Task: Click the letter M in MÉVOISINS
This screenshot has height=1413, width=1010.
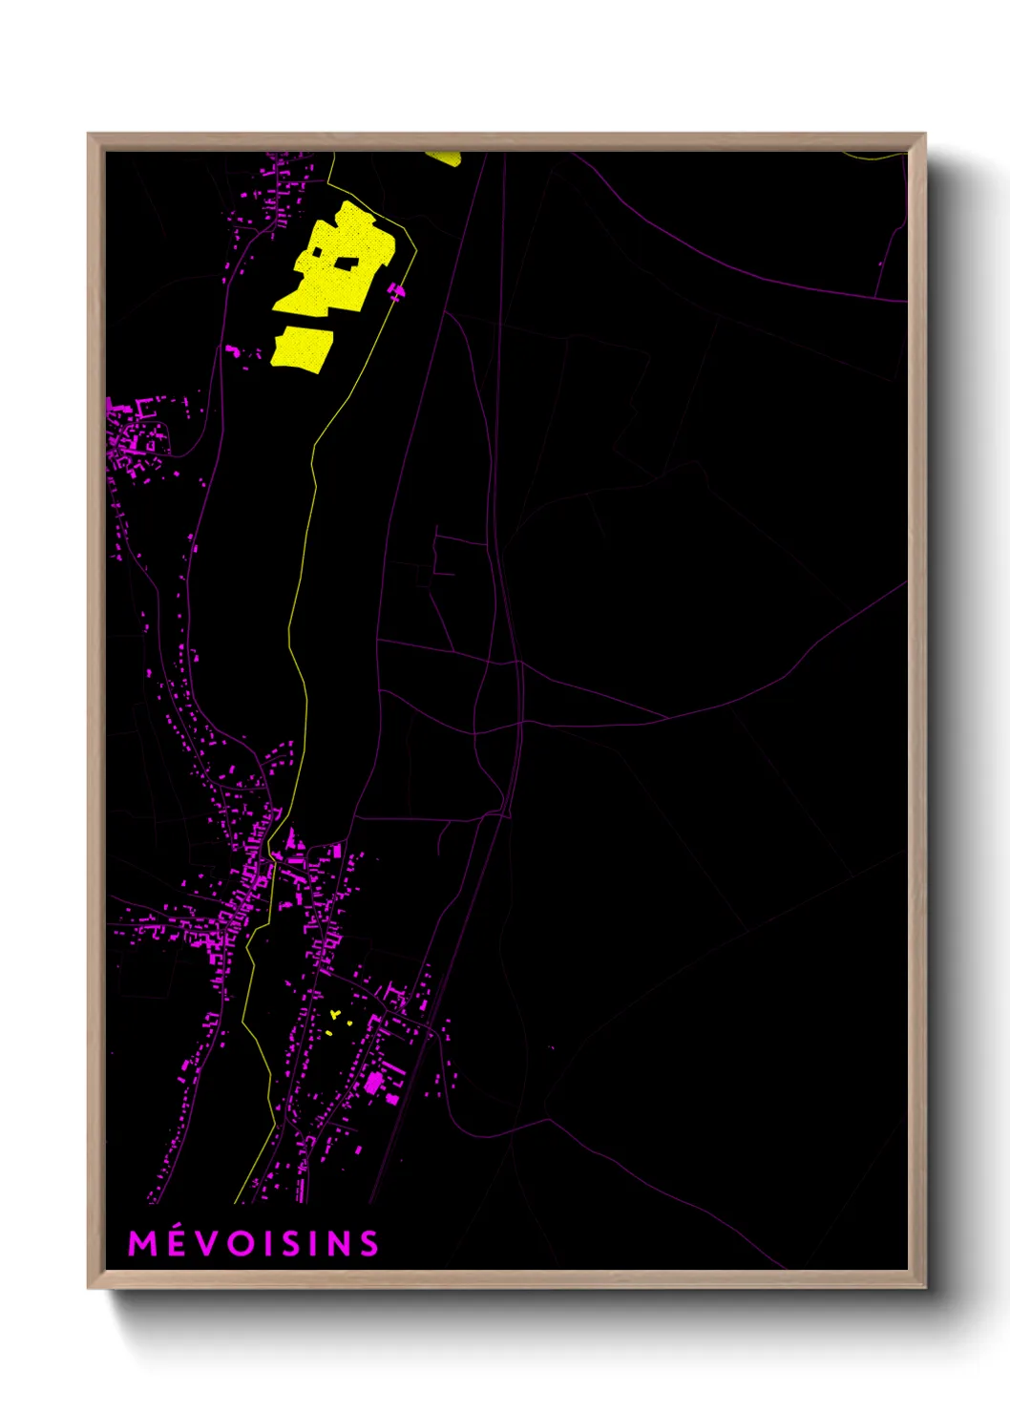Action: pyautogui.click(x=142, y=1243)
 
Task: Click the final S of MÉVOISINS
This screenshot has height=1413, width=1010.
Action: pyautogui.click(x=368, y=1243)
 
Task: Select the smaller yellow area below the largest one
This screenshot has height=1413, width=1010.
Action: pyautogui.click(x=302, y=348)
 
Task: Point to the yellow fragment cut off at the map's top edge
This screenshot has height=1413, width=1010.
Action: pyautogui.click(x=444, y=158)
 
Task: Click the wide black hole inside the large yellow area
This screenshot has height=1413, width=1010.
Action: pyautogui.click(x=347, y=263)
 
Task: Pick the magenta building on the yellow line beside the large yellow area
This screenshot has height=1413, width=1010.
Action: pyautogui.click(x=395, y=290)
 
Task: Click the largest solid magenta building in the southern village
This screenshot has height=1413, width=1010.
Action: pyautogui.click(x=374, y=1082)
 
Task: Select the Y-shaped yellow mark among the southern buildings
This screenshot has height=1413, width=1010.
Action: pyautogui.click(x=334, y=1014)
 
